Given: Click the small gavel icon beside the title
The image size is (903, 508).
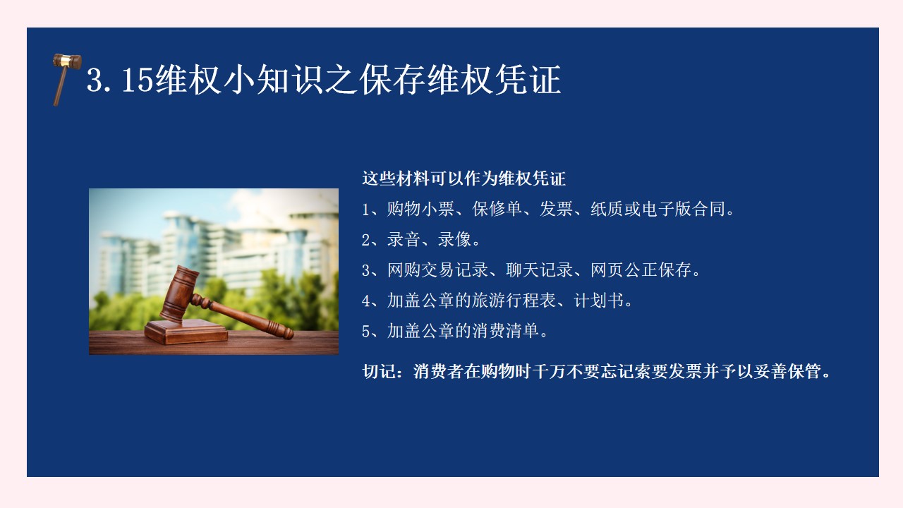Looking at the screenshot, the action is (66, 79).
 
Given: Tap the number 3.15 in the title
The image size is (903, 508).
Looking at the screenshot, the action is (120, 80).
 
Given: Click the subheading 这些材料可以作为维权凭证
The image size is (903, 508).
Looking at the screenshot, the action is (463, 179).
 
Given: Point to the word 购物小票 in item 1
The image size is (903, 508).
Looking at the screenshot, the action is (420, 209).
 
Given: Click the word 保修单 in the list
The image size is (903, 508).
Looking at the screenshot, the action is (497, 209).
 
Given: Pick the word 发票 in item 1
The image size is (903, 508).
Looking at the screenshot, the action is (557, 209).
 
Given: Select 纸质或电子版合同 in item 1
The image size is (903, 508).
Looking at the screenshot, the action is (658, 209).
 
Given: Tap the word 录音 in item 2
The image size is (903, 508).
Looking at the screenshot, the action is (404, 239).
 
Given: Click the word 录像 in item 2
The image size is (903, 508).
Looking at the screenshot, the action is (454, 239).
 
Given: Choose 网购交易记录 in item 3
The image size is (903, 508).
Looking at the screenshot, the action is (437, 270).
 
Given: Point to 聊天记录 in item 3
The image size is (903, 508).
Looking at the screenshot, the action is (540, 270).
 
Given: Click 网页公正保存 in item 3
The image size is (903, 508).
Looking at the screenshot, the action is (641, 270).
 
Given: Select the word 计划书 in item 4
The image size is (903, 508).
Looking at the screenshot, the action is (599, 301).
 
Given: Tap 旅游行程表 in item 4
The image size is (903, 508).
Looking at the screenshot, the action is (514, 301).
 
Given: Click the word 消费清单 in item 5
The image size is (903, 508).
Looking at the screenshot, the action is (506, 331).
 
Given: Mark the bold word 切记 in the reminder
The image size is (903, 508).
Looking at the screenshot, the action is (379, 371).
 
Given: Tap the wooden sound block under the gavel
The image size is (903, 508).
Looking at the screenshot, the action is (186, 332).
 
